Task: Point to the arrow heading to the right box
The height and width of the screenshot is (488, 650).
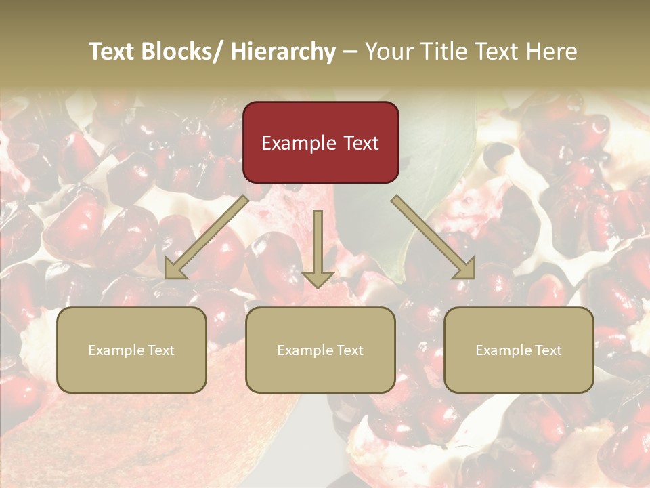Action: click(433, 237)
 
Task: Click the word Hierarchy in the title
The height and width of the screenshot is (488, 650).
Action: click(283, 52)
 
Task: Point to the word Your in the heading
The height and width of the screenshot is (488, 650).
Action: click(389, 52)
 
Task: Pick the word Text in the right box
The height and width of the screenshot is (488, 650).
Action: click(547, 350)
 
